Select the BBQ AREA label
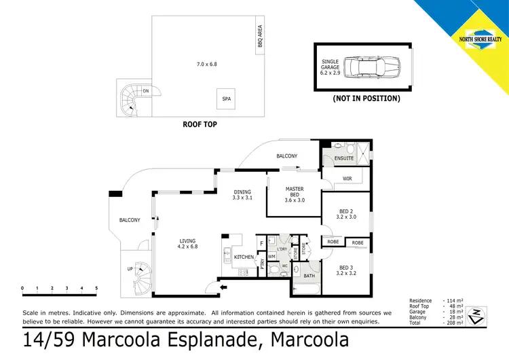click(259, 38)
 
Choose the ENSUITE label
click(344, 159)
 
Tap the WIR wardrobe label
click(347, 179)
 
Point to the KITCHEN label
click(244, 257)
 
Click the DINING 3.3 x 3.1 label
click(242, 195)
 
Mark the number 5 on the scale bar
click(96, 289)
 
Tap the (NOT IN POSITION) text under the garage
click(366, 98)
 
